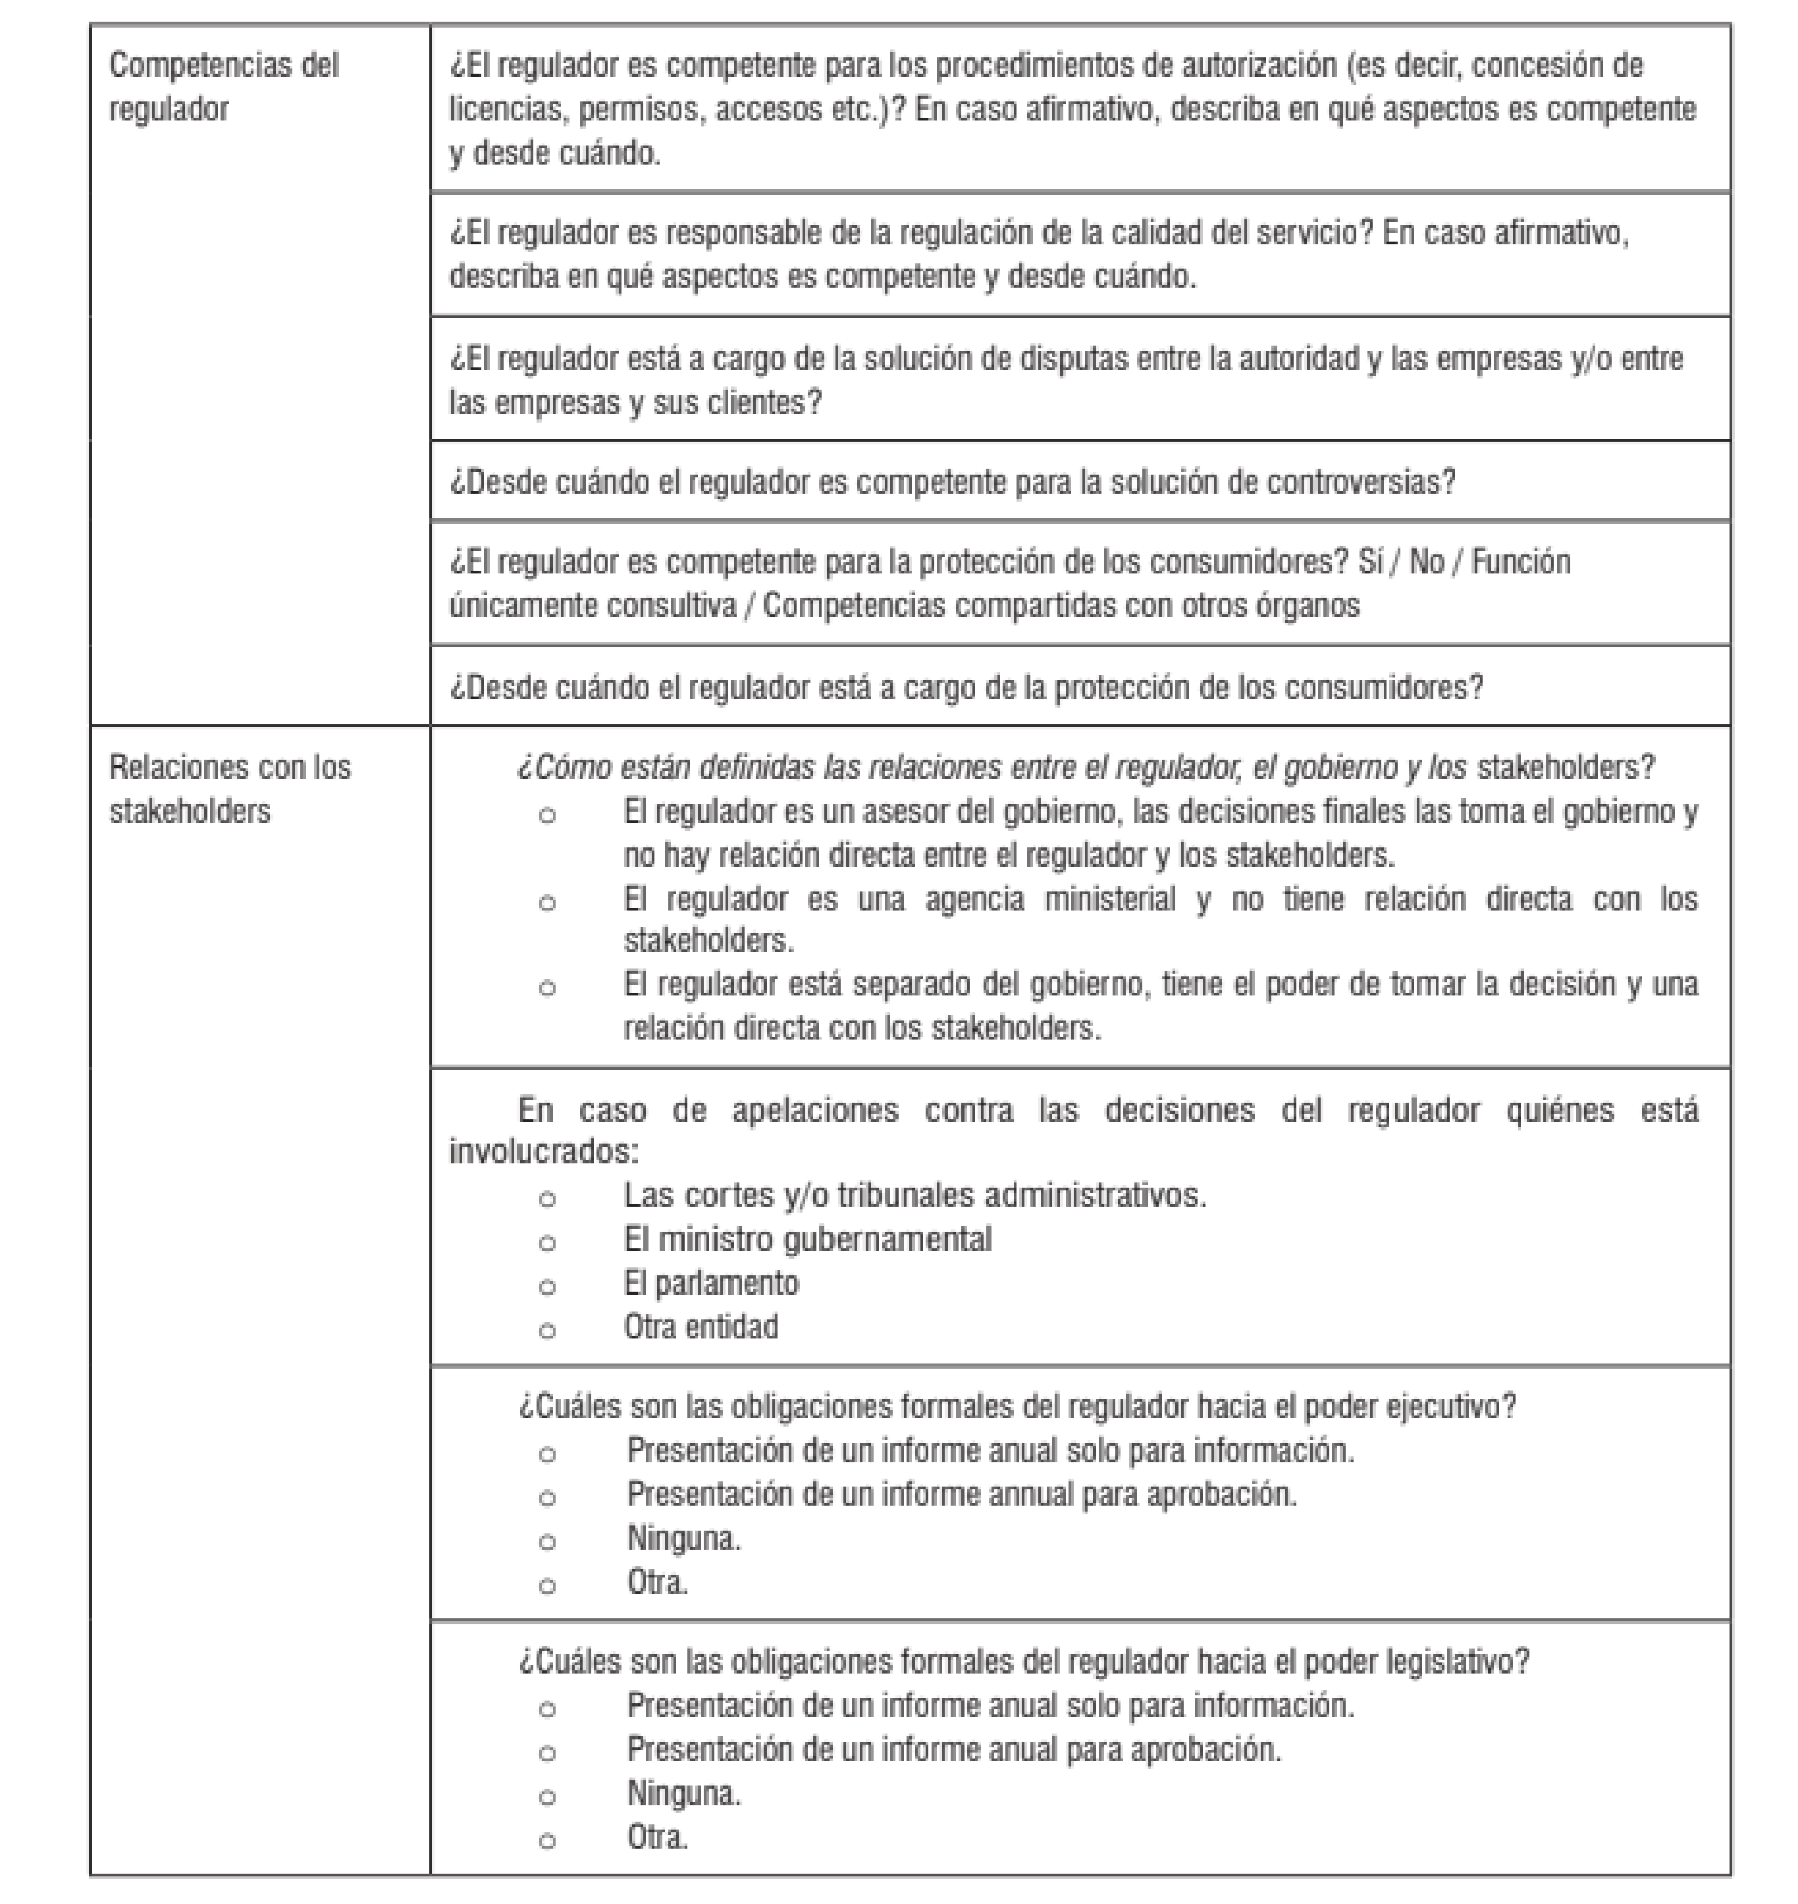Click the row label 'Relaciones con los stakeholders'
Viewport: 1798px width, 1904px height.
(230, 789)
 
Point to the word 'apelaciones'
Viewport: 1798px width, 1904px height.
(814, 1109)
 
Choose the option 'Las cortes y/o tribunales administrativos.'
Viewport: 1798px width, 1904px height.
(914, 1196)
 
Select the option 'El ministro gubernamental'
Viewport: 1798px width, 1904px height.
(807, 1240)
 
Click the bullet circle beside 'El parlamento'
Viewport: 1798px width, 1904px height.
(547, 1286)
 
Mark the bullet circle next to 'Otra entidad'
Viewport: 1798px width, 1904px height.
(547, 1330)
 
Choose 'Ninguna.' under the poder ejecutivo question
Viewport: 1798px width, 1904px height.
(683, 1539)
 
